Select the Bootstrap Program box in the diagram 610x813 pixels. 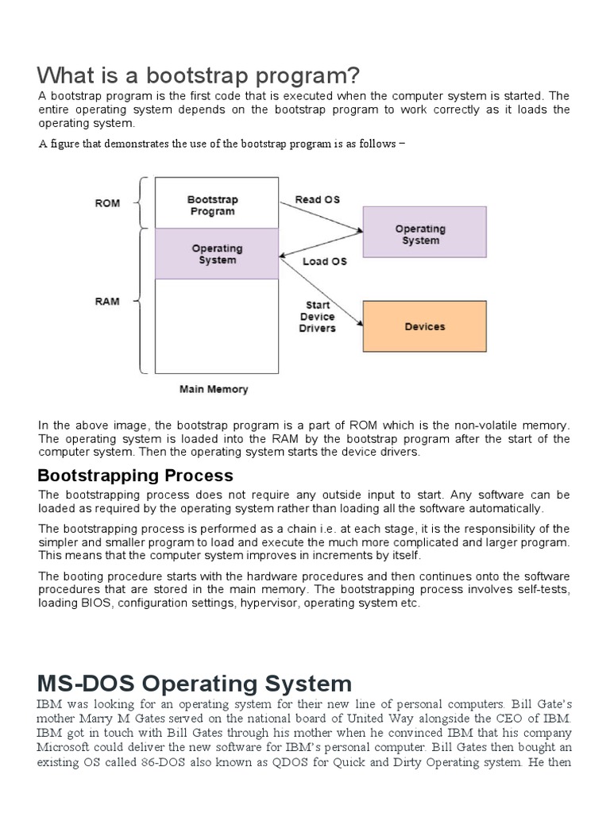coord(212,206)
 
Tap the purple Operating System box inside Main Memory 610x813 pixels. coord(217,254)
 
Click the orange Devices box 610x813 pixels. coord(425,326)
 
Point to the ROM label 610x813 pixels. coord(107,203)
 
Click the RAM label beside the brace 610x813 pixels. coord(107,302)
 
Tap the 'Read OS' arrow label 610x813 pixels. coord(318,199)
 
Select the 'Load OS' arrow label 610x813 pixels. coord(325,261)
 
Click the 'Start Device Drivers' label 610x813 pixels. coord(318,317)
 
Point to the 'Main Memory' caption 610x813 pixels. coord(214,389)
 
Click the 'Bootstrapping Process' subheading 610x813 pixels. coord(136,476)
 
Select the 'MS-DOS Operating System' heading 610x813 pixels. coord(195,684)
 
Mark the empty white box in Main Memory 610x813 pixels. coord(217,326)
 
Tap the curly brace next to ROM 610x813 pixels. coord(141,203)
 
